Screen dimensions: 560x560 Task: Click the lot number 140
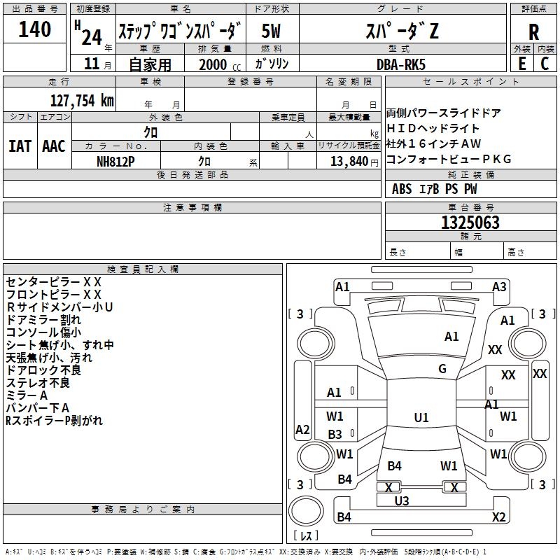pyautogui.click(x=35, y=30)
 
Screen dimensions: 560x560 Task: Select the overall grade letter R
pyautogui.click(x=533, y=31)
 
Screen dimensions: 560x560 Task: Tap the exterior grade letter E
pyautogui.click(x=521, y=63)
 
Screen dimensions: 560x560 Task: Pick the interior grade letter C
pyautogui.click(x=545, y=63)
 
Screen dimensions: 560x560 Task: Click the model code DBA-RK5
pyautogui.click(x=400, y=64)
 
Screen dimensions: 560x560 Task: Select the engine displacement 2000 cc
pyautogui.click(x=214, y=64)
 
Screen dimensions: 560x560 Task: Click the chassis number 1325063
pyautogui.click(x=470, y=223)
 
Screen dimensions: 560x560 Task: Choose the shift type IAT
pyautogui.click(x=20, y=146)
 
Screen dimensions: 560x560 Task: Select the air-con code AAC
pyautogui.click(x=54, y=146)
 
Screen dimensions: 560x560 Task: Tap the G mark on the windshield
pyautogui.click(x=442, y=369)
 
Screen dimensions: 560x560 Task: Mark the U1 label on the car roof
pyautogui.click(x=421, y=418)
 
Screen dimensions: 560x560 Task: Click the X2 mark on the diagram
pyautogui.click(x=498, y=517)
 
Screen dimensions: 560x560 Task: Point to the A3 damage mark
pyautogui.click(x=499, y=287)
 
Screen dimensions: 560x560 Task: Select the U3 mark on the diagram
pyautogui.click(x=402, y=500)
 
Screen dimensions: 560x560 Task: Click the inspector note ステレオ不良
pyautogui.click(x=38, y=383)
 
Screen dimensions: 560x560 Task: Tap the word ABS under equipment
pyautogui.click(x=402, y=189)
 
